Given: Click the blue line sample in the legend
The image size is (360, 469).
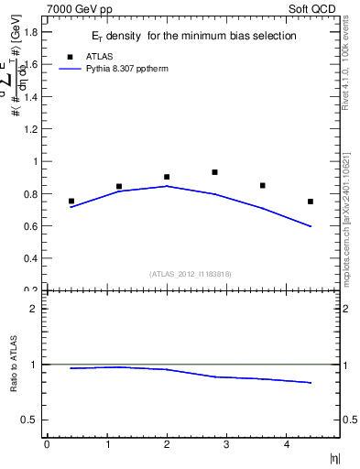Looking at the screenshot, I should (x=70, y=68).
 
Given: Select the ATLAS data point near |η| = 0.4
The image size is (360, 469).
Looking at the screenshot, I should (x=71, y=201).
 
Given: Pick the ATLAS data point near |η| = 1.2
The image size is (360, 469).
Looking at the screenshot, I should (x=119, y=186).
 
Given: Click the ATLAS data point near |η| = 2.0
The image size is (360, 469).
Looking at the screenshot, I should (x=167, y=177).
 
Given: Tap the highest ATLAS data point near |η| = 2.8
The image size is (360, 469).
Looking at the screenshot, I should (x=214, y=172).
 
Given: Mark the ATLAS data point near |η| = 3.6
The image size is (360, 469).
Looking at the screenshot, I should (x=263, y=185).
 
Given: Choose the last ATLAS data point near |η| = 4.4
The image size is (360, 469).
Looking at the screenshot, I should (x=311, y=202).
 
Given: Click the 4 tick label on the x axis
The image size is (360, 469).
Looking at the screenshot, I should (x=287, y=444).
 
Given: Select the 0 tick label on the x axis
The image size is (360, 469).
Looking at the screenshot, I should (x=47, y=444).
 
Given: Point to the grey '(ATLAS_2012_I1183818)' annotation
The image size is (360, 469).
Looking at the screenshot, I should (x=191, y=273).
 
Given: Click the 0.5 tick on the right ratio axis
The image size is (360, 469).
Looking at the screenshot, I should (x=348, y=420).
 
